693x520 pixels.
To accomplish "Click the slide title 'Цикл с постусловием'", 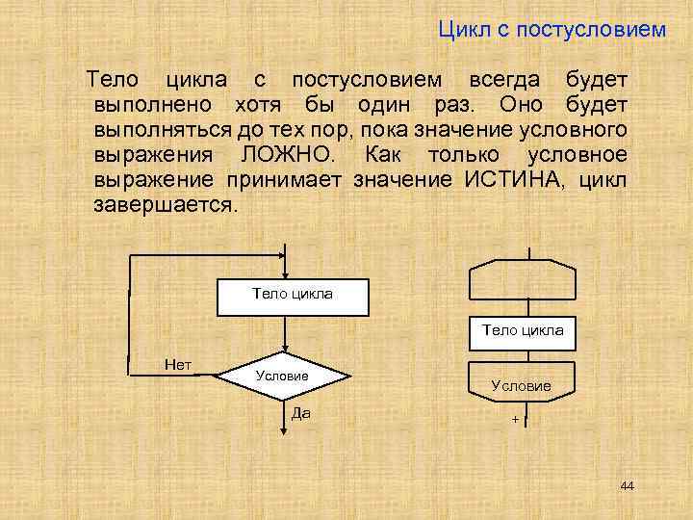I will pyautogui.click(x=552, y=31).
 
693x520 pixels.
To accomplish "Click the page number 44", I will pyautogui.click(x=628, y=485).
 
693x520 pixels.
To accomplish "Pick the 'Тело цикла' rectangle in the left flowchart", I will pyautogui.click(x=292, y=297).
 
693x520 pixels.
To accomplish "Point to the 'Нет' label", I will pyautogui.click(x=178, y=364).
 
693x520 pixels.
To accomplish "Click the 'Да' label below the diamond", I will pyautogui.click(x=299, y=413).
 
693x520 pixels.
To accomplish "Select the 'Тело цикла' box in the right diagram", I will pyautogui.click(x=523, y=330).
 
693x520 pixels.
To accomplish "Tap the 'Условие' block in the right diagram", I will pyautogui.click(x=522, y=384).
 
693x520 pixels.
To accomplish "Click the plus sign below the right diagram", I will pyautogui.click(x=515, y=421).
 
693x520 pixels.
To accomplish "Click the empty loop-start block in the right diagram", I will pyautogui.click(x=522, y=280).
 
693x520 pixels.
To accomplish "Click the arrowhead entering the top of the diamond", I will pyautogui.click(x=285, y=351).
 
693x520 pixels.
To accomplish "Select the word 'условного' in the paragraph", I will pyautogui.click(x=583, y=129).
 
